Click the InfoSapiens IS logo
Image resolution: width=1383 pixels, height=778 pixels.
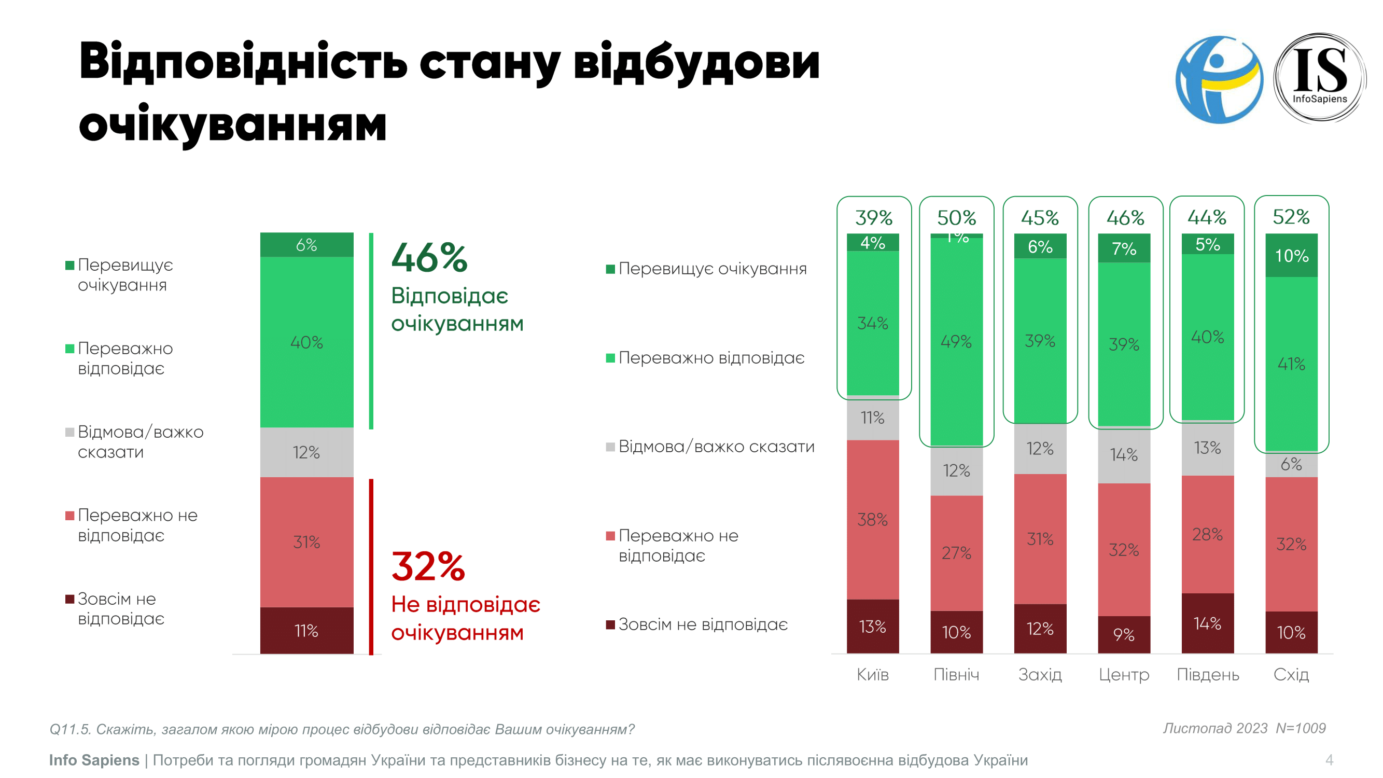(x=1320, y=78)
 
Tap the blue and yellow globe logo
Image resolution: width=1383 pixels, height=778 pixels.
(x=1219, y=79)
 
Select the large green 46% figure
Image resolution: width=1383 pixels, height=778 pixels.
(x=429, y=258)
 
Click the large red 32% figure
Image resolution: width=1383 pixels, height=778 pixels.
(x=428, y=566)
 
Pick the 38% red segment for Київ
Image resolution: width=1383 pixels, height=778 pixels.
(x=872, y=519)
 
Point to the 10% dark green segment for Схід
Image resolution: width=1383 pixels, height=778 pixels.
(x=1291, y=256)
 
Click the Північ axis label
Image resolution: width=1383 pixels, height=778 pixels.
(x=956, y=674)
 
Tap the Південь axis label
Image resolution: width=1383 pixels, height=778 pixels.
(x=1207, y=674)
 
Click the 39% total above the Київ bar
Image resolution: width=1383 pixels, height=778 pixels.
(x=873, y=217)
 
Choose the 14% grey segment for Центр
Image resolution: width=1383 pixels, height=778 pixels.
(x=1124, y=455)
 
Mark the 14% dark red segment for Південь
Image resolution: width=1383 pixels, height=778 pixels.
(x=1207, y=623)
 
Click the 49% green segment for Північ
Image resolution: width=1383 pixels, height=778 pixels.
(x=956, y=341)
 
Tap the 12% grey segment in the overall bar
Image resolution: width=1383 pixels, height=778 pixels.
(x=306, y=452)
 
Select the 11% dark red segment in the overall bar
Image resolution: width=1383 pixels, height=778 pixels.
(x=306, y=630)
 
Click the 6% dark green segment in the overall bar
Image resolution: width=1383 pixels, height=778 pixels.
(x=306, y=245)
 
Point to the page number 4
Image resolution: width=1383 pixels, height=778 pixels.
(x=1329, y=760)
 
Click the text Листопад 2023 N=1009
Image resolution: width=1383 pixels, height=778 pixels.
(x=1244, y=728)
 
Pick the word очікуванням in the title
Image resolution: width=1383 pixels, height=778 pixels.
(x=232, y=124)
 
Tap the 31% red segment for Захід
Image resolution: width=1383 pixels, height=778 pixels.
(x=1040, y=538)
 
